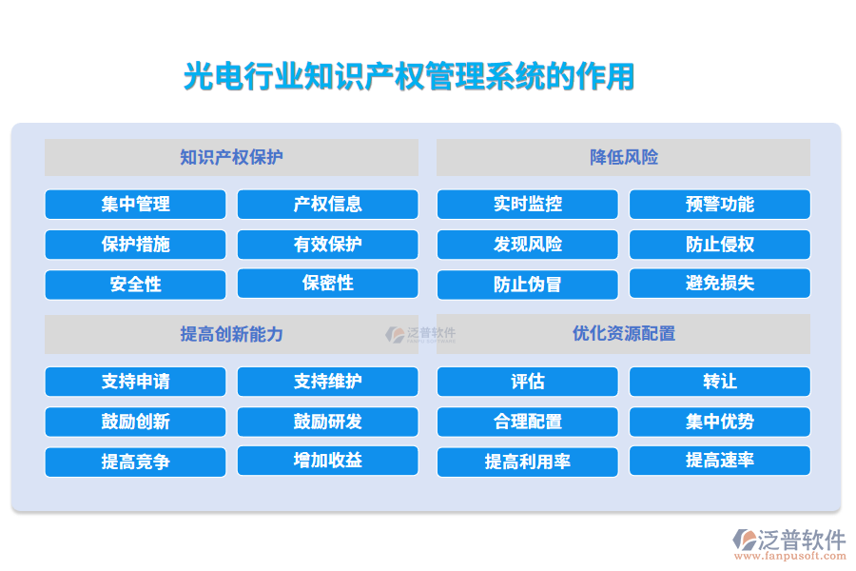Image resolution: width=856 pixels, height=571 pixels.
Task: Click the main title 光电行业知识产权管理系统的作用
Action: (409, 77)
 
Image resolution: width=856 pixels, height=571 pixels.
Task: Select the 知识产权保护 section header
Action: (231, 157)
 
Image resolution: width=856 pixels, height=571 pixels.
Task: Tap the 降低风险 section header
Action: (623, 157)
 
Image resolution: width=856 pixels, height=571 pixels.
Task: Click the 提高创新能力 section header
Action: (231, 334)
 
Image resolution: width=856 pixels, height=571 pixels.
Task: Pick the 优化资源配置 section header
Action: (623, 334)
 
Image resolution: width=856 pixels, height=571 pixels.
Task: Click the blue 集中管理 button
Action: (135, 205)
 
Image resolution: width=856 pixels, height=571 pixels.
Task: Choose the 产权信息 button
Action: (327, 205)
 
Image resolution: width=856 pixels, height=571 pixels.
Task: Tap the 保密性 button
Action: (327, 283)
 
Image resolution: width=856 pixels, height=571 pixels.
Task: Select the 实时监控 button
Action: (527, 205)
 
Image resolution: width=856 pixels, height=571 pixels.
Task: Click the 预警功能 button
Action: (719, 205)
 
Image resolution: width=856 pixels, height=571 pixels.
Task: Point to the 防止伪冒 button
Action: (527, 285)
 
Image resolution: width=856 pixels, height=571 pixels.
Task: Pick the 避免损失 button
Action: (719, 283)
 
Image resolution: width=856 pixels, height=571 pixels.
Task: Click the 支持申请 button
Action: (135, 382)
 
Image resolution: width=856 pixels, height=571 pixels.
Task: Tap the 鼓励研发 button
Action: (327, 422)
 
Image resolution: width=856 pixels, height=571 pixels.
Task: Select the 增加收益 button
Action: (327, 461)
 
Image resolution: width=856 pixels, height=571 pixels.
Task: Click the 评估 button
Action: (527, 382)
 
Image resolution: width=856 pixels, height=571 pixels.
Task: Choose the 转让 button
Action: (719, 382)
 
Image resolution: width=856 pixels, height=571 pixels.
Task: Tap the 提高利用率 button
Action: (527, 463)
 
